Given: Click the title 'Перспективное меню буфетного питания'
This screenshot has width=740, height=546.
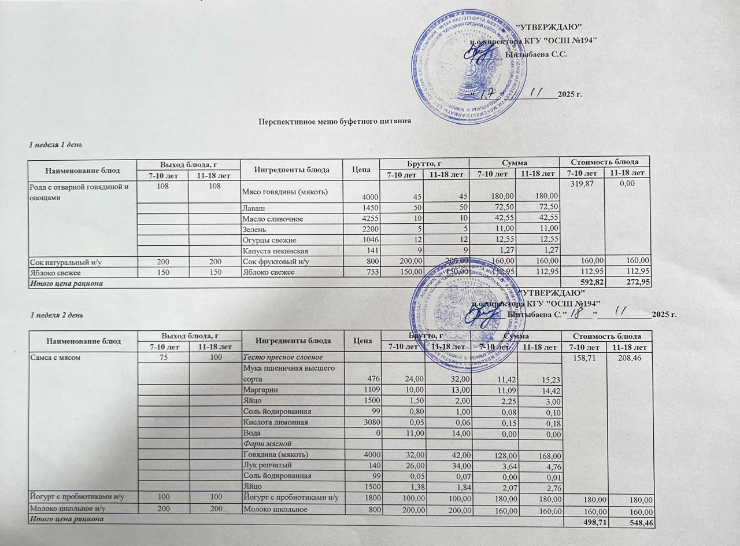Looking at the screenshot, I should click(x=335, y=121).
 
